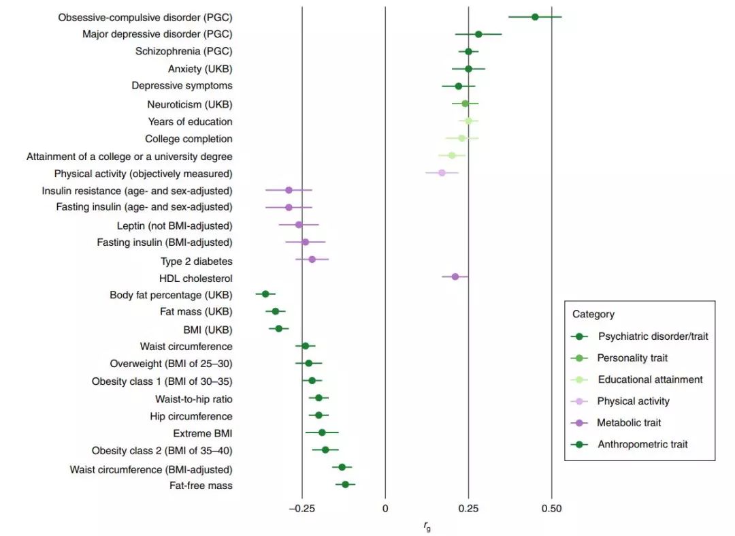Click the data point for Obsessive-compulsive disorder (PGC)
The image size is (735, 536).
click(535, 17)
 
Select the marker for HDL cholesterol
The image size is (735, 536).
click(455, 277)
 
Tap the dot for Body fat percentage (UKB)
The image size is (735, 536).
click(265, 294)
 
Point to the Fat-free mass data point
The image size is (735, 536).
click(345, 485)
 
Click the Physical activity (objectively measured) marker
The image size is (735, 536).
click(442, 173)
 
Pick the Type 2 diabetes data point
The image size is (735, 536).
click(312, 259)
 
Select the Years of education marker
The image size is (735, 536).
click(468, 121)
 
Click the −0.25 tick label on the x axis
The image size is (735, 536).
click(301, 508)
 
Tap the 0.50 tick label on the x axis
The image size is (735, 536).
click(551, 508)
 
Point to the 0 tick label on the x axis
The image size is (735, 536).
click(385, 508)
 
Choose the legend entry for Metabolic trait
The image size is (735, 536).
click(629, 423)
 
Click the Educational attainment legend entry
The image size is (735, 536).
click(649, 379)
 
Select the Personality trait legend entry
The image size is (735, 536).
click(632, 358)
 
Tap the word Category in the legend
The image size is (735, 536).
click(593, 314)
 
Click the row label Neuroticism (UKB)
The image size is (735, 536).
click(190, 104)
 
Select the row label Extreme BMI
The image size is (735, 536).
click(203, 433)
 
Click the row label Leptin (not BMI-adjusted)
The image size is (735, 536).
click(175, 225)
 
